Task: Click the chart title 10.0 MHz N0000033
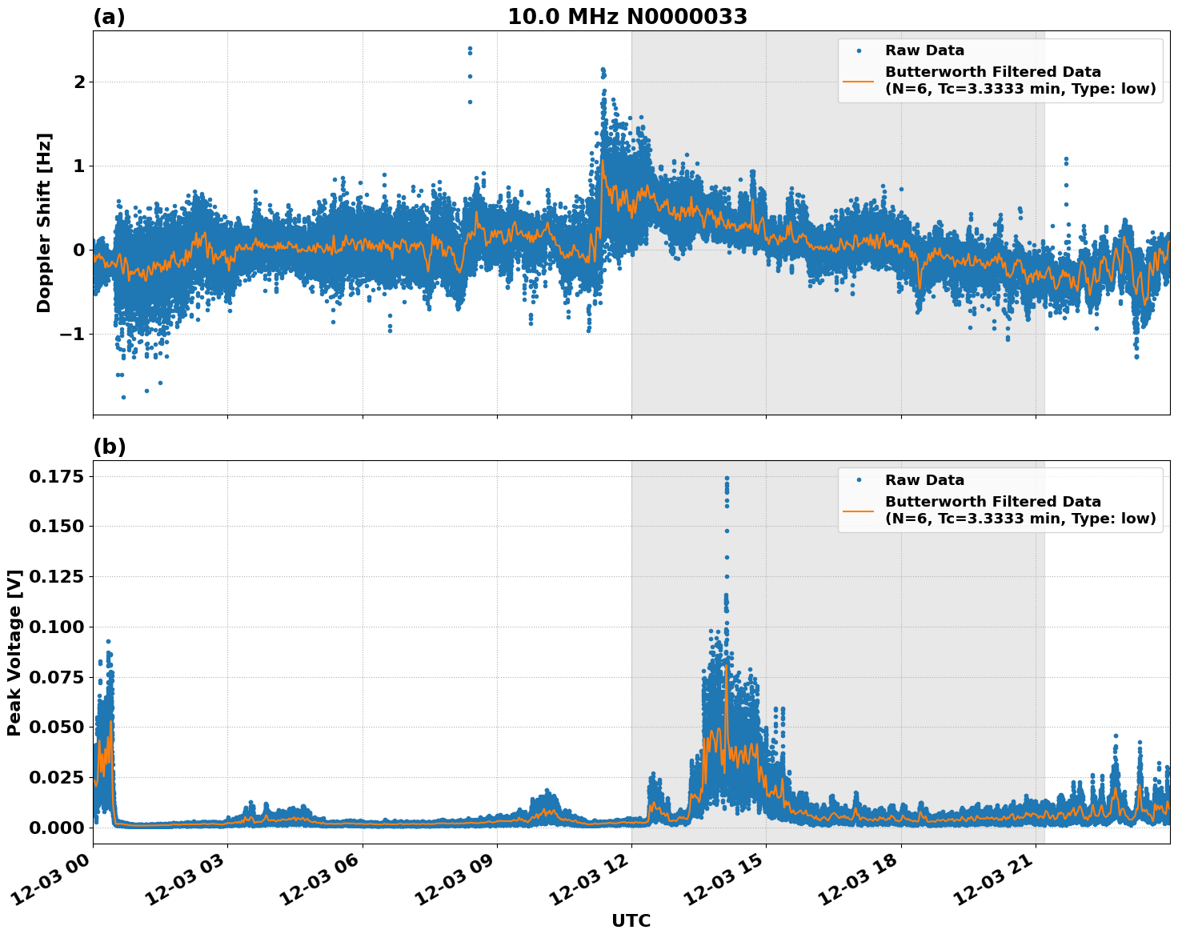627,17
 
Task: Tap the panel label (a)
109,17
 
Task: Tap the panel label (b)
109,447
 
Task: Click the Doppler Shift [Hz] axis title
44,222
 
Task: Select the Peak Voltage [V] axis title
14,652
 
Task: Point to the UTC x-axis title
631,920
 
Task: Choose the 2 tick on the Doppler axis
78,82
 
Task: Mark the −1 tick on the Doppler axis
73,334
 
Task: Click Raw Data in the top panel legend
924,51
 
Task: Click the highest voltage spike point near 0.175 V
727,479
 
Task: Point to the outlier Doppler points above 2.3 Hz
470,50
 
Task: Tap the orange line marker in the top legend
858,80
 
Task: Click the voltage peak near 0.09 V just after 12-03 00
108,642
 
